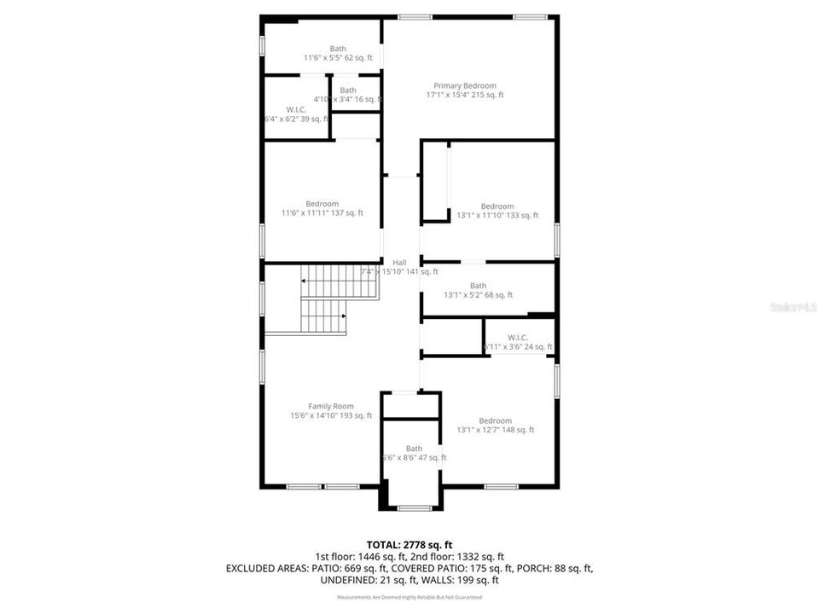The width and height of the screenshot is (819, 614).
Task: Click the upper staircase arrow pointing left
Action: click(x=304, y=281)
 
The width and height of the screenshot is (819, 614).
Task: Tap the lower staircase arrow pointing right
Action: click(x=343, y=316)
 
